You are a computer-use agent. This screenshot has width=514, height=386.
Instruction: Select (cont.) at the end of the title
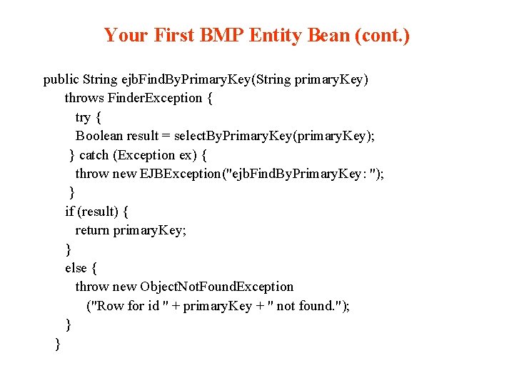[x=382, y=35]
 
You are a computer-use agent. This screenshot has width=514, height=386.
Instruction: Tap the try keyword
[x=83, y=117]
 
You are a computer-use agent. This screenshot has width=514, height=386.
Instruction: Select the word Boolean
[x=99, y=136]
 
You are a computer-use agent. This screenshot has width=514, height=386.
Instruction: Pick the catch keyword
[x=95, y=154]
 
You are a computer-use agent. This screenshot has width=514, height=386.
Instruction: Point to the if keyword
[x=69, y=211]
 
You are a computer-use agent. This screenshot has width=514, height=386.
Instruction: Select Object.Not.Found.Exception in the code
[x=216, y=287]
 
